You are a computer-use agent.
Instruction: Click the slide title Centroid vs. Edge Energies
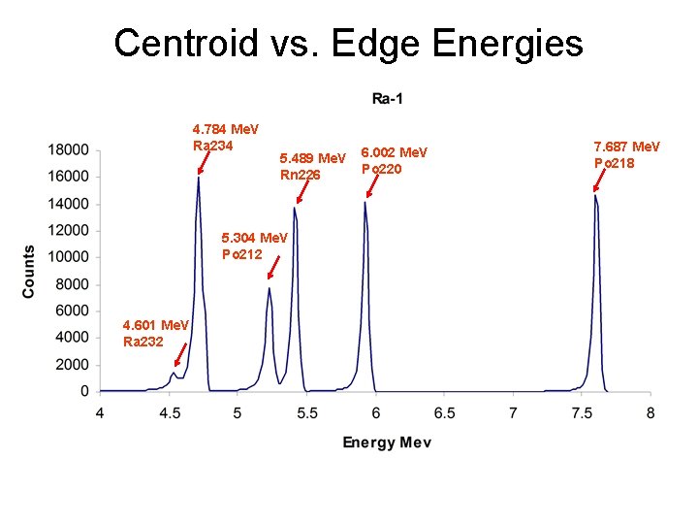pyautogui.click(x=348, y=44)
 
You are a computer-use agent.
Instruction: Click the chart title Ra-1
pyautogui.click(x=388, y=97)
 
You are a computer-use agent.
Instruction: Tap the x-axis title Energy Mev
pyautogui.click(x=387, y=442)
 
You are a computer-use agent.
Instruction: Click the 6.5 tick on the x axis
pyautogui.click(x=444, y=411)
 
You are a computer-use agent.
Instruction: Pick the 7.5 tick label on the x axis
pyautogui.click(x=582, y=411)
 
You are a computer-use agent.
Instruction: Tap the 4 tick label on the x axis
pyautogui.click(x=100, y=411)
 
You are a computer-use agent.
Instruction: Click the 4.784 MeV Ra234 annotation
pyautogui.click(x=225, y=137)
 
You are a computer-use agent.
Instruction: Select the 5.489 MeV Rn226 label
pyautogui.click(x=312, y=166)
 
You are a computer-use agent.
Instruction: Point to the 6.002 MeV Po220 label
pyautogui.click(x=394, y=160)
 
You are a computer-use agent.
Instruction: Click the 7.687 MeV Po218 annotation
pyautogui.click(x=626, y=153)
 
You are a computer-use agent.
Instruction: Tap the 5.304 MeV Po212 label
pyautogui.click(x=254, y=246)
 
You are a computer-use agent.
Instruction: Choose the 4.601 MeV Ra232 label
pyautogui.click(x=155, y=332)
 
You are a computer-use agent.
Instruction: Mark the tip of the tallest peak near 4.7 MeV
pyautogui.click(x=199, y=177)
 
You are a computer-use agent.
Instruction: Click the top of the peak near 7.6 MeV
pyautogui.click(x=595, y=195)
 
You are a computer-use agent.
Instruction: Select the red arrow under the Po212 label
pyautogui.click(x=274, y=268)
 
